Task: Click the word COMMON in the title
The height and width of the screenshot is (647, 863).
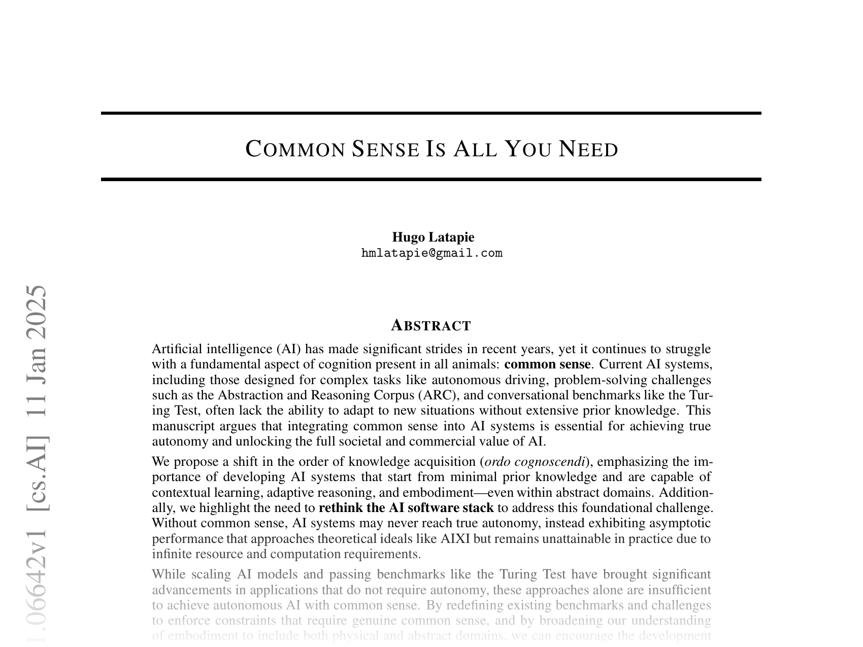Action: (x=295, y=149)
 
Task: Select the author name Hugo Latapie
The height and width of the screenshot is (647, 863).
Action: (x=433, y=237)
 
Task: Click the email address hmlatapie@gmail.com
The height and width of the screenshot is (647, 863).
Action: (x=432, y=253)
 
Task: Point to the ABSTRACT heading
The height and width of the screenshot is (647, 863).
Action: (x=431, y=325)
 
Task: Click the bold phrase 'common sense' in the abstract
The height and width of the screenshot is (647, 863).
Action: (x=547, y=364)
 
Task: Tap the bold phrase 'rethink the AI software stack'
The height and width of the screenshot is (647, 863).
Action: (x=406, y=508)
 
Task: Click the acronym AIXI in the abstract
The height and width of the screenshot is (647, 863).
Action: (x=455, y=538)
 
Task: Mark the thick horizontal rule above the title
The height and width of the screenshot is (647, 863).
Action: (x=431, y=113)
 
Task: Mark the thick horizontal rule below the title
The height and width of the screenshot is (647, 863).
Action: (x=431, y=179)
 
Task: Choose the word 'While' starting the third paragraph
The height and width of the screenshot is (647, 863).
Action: (x=169, y=574)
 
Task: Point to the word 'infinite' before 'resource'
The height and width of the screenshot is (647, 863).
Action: (x=170, y=554)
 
